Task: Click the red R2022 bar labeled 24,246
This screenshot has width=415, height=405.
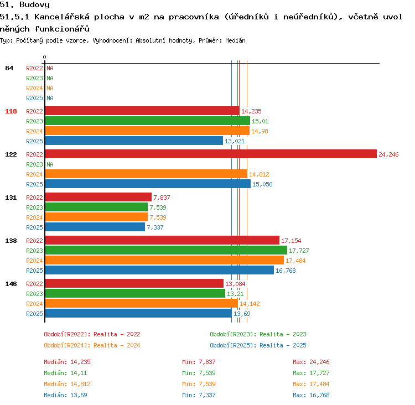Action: point(211,154)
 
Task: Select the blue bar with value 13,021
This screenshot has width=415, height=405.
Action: point(134,141)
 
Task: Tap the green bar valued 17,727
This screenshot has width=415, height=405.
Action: point(166,250)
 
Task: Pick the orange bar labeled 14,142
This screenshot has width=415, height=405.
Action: point(142,303)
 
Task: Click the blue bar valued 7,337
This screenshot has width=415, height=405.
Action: point(95,227)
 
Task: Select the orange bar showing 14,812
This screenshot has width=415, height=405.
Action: point(146,174)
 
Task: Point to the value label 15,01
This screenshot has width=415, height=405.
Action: point(260,121)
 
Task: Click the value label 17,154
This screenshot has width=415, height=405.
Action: point(291,241)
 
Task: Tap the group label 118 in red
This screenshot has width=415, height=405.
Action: point(11,111)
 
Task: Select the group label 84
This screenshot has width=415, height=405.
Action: point(9,68)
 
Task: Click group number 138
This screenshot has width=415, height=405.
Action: point(11,241)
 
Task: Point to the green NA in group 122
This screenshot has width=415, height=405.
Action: point(50,164)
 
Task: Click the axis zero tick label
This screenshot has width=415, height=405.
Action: point(44,57)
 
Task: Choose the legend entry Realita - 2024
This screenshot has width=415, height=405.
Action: point(92,345)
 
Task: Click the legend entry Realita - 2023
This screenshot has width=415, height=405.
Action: point(258,334)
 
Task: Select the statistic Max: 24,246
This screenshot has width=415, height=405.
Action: point(311,362)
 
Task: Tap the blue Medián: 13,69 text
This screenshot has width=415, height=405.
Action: point(65,395)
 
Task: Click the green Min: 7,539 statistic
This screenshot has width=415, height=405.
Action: point(199,373)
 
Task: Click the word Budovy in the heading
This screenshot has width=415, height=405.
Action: point(34,5)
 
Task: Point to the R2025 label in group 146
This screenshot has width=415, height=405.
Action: point(34,314)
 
